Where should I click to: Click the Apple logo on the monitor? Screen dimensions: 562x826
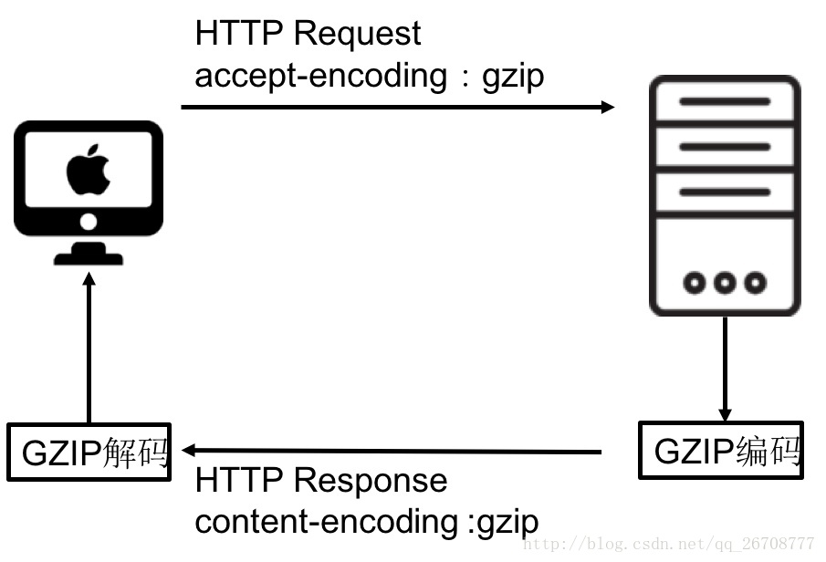pyautogui.click(x=89, y=170)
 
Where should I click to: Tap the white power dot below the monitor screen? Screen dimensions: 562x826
pyautogui.click(x=89, y=222)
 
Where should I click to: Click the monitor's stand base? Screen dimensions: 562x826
pyautogui.click(x=89, y=257)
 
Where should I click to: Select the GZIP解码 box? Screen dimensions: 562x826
pyautogui.click(x=89, y=452)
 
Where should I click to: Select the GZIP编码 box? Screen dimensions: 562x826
pyautogui.click(x=721, y=450)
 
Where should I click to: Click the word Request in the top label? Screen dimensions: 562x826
pyautogui.click(x=357, y=34)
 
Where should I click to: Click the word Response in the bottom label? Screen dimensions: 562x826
pyautogui.click(x=371, y=481)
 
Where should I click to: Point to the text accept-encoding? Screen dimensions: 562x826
pyautogui.click(x=320, y=76)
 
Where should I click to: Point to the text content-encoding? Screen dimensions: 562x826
pyautogui.click(x=325, y=523)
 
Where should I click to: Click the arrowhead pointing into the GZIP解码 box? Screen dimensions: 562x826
pyautogui.click(x=189, y=450)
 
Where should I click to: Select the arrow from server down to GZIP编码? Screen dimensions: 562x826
pyautogui.click(x=725, y=365)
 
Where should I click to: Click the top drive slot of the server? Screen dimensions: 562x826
pyautogui.click(x=725, y=102)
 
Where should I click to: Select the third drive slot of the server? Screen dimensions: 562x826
pyautogui.click(x=725, y=193)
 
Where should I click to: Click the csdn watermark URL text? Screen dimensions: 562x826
pyautogui.click(x=671, y=545)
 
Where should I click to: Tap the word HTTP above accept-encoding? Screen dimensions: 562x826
pyautogui.click(x=239, y=34)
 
